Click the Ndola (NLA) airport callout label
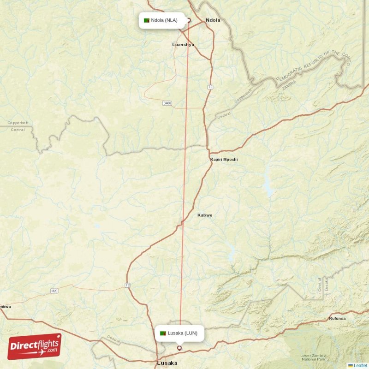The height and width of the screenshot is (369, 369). (161, 20)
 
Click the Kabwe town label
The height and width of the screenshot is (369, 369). (205, 215)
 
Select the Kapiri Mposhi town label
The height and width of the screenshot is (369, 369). (224, 160)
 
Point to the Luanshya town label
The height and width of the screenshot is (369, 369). (183, 45)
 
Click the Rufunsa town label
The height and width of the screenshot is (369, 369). (337, 319)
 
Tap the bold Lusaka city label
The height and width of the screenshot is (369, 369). (167, 363)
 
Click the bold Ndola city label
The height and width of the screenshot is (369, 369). (213, 20)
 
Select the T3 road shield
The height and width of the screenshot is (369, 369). (210, 86)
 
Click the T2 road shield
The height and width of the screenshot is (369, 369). (128, 286)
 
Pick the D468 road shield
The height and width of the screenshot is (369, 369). (167, 103)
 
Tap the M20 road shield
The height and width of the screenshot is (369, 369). (54, 291)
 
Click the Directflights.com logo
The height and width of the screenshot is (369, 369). (34, 346)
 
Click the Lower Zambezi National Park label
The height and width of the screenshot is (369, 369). (313, 358)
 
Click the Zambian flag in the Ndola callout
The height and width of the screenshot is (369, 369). (147, 20)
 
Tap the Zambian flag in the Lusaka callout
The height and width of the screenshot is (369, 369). (163, 333)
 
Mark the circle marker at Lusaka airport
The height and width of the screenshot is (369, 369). (179, 348)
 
